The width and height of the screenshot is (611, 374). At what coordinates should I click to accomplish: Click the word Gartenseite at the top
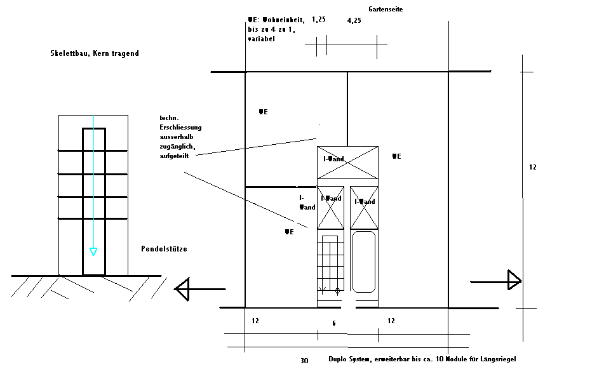386,10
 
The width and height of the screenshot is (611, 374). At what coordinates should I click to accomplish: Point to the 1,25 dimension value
319,20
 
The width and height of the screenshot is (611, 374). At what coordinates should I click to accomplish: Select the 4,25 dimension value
354,20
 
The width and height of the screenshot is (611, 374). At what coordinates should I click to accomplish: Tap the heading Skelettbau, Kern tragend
95,54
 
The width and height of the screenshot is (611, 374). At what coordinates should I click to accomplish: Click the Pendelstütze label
164,249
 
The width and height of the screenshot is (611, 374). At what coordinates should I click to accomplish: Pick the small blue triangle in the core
93,252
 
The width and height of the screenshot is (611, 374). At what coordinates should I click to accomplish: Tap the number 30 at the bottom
304,361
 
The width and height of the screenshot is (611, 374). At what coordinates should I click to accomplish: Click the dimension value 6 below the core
334,324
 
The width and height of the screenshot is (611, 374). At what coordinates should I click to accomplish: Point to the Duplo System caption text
422,359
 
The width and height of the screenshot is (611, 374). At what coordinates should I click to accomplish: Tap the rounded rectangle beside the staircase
364,262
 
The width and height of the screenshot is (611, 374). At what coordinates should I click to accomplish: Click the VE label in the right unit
396,156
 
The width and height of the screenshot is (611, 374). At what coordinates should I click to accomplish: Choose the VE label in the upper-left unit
263,112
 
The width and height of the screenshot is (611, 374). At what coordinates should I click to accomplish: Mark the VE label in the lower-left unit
289,232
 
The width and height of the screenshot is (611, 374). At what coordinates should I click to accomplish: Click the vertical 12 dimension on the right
532,168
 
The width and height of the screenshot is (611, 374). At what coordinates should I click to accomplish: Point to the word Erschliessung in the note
181,127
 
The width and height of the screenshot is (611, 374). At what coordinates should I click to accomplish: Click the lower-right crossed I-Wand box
364,208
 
